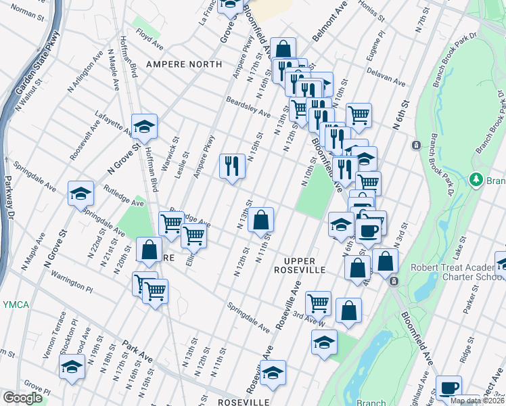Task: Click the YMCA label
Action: (x=15, y=305)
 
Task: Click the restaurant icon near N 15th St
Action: (x=232, y=164)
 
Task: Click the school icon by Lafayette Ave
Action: (x=144, y=125)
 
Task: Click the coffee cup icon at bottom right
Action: (x=448, y=387)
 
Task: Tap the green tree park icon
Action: (x=476, y=180)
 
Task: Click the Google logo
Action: (x=23, y=398)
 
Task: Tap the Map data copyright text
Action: (x=476, y=401)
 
